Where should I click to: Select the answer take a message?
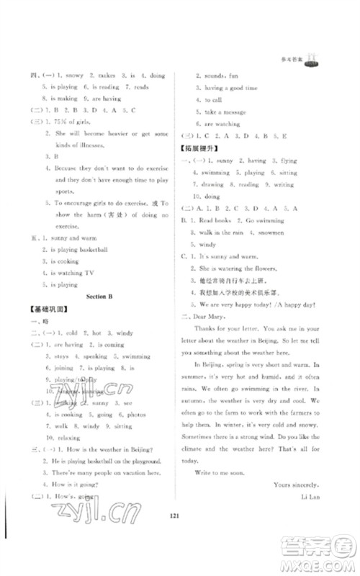point(222,112)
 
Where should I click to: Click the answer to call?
point(213,100)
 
